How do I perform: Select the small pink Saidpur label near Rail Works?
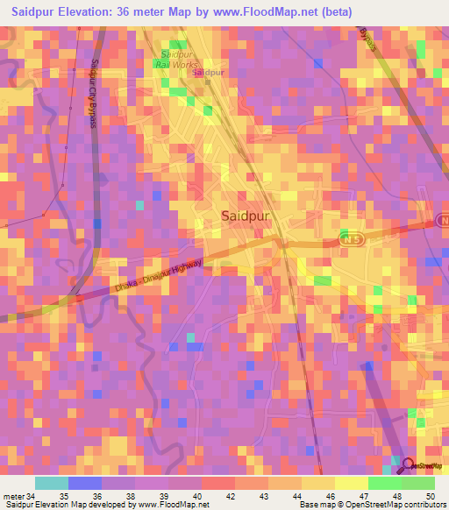coord(208,73)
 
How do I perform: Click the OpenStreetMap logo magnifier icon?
coord(405,465)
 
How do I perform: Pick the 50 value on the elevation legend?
coord(430,495)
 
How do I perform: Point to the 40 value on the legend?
coord(200,495)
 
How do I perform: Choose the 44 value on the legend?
coord(296,495)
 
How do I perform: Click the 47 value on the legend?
coord(363,495)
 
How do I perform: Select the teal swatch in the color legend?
coord(51,483)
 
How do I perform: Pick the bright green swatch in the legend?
coord(384,483)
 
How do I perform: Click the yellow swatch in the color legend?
coord(317,483)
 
